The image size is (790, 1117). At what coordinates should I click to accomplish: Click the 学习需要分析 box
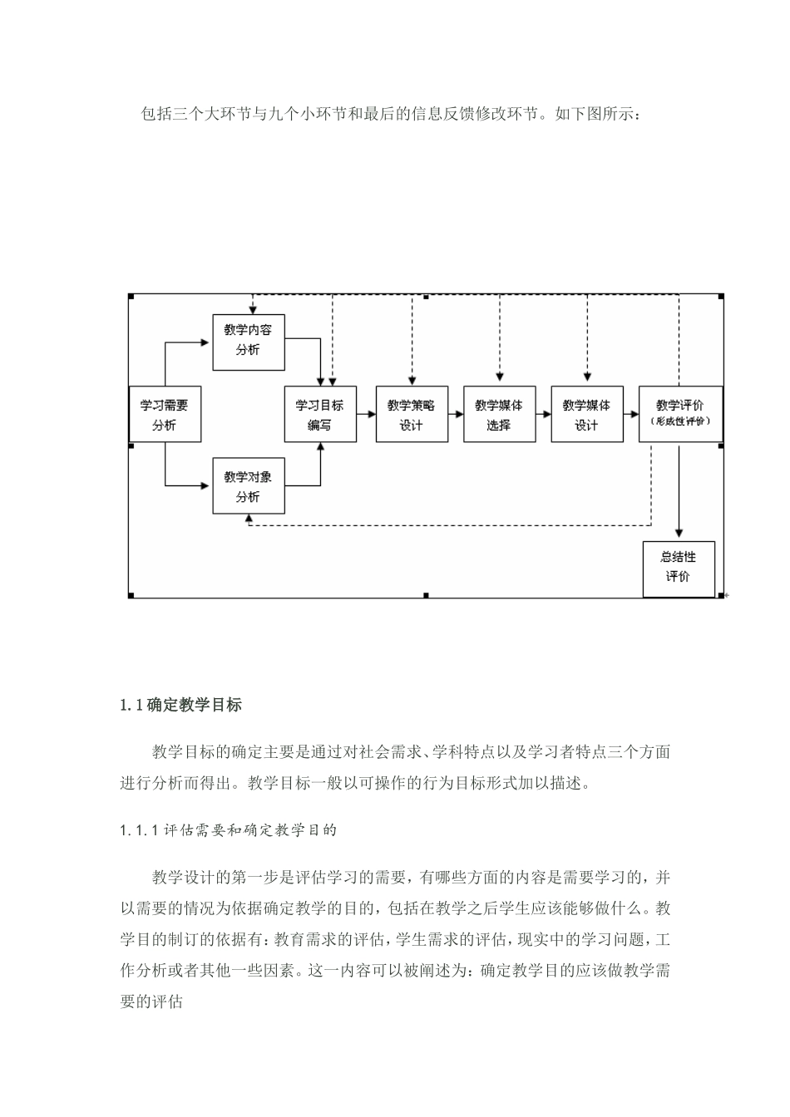click(164, 415)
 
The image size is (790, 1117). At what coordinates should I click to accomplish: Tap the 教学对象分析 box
click(248, 486)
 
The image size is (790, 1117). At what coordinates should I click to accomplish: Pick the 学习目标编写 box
click(319, 415)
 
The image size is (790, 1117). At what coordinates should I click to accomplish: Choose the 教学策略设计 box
click(411, 415)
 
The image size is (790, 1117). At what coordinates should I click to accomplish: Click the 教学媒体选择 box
click(499, 415)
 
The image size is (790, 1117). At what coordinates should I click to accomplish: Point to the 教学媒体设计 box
click(586, 415)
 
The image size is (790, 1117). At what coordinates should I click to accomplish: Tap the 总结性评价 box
click(679, 568)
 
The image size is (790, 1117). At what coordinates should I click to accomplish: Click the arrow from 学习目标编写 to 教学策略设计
click(366, 414)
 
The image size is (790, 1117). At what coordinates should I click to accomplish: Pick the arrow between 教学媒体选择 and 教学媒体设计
click(543, 414)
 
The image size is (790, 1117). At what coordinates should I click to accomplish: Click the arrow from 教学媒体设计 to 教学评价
click(630, 414)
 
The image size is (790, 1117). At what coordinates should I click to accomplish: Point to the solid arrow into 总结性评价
click(679, 499)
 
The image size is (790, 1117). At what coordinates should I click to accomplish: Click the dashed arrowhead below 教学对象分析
click(249, 518)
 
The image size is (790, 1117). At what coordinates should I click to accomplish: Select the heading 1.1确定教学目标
click(181, 706)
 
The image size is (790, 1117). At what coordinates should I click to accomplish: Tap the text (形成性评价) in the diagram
click(680, 421)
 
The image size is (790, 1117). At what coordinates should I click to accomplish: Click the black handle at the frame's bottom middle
click(426, 595)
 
